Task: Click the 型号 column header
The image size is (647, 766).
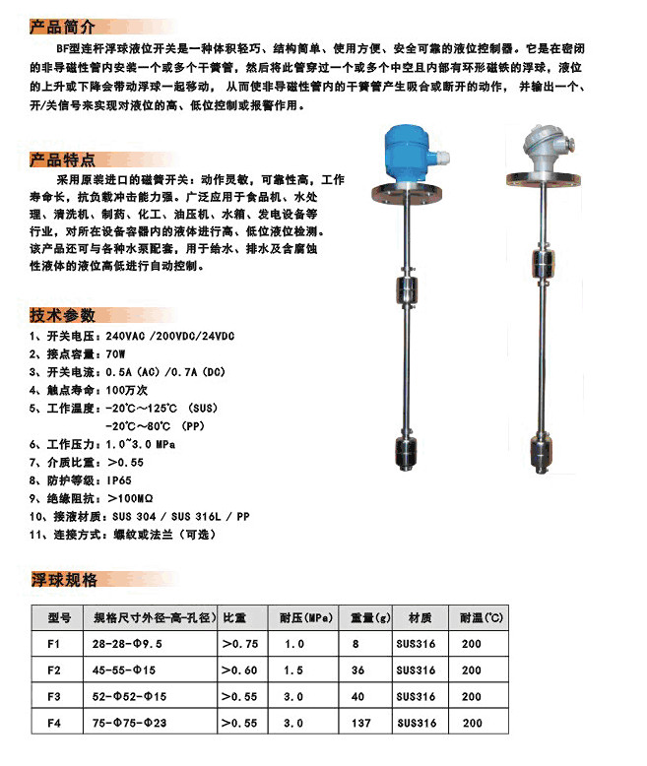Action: (59, 619)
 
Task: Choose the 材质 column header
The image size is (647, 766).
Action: (419, 619)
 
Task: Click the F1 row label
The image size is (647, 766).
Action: (54, 644)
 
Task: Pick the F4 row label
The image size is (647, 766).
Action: (54, 723)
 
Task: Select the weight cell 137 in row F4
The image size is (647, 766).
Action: (360, 723)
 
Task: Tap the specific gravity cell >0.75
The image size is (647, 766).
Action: (241, 644)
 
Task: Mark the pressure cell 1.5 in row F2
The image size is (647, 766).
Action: (293, 670)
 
